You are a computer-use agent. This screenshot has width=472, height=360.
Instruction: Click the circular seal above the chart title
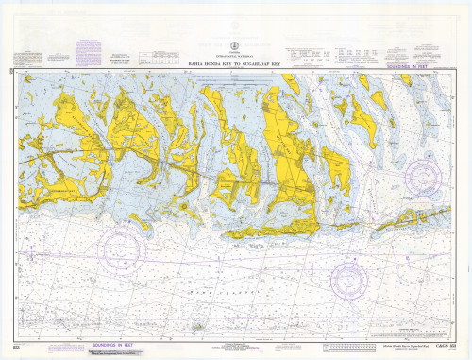tap(232, 44)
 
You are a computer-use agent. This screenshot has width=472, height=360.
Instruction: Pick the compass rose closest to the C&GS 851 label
tap(351, 280)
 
